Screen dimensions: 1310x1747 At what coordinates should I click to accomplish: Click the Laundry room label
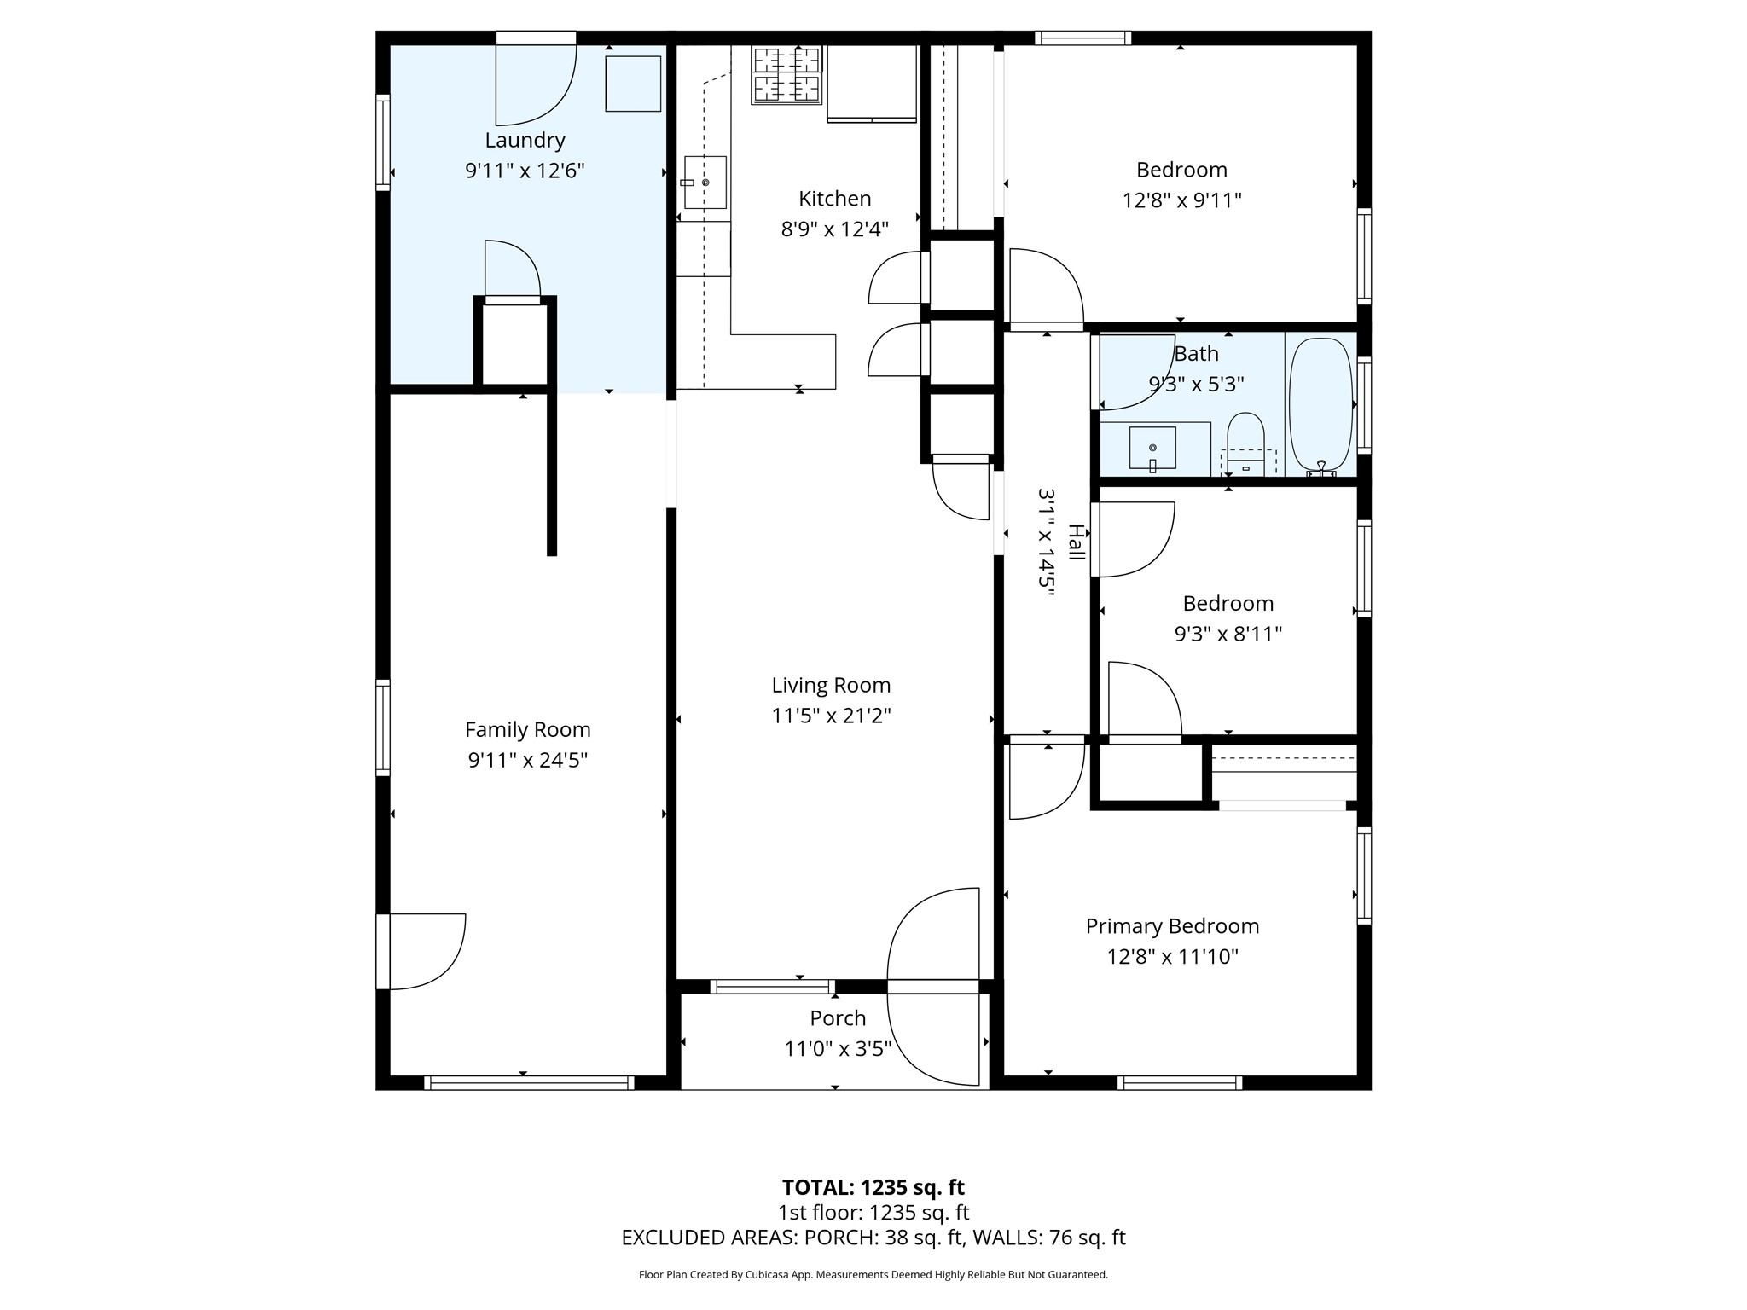525,140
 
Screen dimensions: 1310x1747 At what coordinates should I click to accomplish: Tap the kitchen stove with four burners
786,75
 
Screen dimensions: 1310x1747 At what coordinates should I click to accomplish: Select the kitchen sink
705,183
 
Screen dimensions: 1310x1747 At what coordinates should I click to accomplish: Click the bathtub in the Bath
1320,405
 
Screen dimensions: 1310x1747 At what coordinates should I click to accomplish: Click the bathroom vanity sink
1152,448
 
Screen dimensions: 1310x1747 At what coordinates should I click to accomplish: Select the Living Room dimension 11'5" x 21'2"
831,716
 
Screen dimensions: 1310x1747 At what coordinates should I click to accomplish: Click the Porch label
838,1018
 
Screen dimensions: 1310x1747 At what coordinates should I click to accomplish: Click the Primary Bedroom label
1172,926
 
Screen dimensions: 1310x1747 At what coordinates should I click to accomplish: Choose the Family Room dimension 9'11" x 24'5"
527,760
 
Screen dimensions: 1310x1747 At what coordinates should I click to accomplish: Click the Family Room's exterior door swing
427,951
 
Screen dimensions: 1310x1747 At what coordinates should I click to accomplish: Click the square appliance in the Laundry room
633,84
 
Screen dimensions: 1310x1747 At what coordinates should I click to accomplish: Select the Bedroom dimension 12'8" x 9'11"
1181,200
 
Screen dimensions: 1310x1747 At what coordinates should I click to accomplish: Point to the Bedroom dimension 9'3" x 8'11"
1228,634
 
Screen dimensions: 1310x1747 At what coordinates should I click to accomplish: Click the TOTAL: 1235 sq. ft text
873,1187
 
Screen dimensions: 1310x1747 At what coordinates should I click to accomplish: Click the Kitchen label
834,199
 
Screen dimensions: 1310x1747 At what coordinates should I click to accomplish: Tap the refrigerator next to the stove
872,83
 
